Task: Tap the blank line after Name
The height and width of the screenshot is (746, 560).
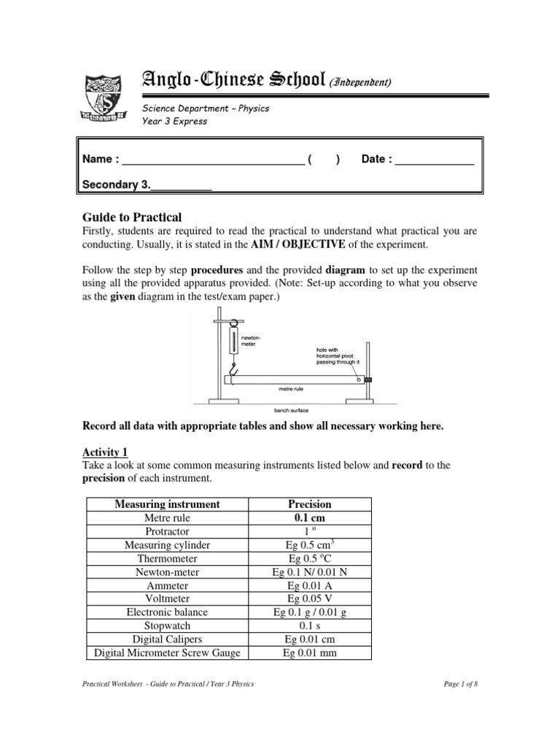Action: (x=211, y=160)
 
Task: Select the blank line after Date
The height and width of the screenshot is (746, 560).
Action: (x=434, y=160)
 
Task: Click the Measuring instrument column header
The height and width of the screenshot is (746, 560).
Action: (x=167, y=504)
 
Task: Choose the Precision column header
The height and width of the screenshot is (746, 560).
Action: (x=310, y=504)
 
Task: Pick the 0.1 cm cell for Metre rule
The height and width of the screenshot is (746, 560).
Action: (x=310, y=517)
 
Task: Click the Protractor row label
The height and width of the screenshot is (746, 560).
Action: (x=167, y=532)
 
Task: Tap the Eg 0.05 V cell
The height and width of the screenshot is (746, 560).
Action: (x=310, y=599)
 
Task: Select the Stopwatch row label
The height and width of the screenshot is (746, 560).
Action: (x=167, y=626)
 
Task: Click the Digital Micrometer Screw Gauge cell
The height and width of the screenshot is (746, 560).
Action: (x=167, y=653)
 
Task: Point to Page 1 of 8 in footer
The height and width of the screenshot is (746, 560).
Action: (x=461, y=684)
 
